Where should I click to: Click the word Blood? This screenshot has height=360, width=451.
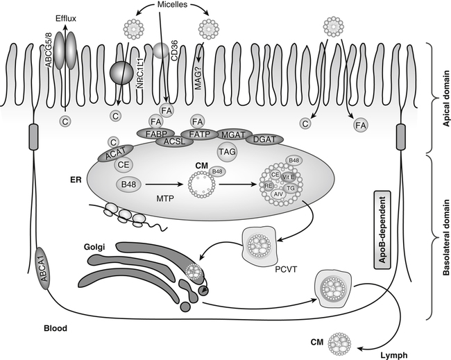[x=53, y=327]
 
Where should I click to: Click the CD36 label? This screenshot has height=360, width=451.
[x=172, y=65]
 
